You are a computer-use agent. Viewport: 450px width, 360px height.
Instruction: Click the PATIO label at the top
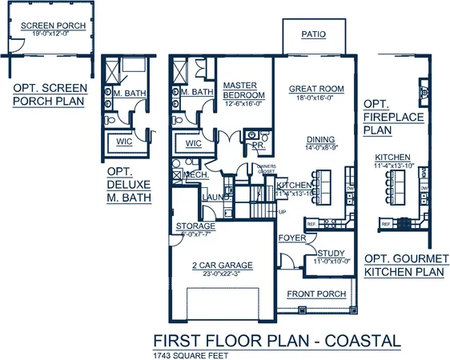click(x=313, y=35)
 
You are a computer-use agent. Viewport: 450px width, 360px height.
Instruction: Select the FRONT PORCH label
click(x=315, y=294)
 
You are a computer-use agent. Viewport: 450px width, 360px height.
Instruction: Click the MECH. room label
click(x=196, y=175)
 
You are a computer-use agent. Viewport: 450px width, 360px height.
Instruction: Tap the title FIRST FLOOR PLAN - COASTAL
click(x=276, y=341)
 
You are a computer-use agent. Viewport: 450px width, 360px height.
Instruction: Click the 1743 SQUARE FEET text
click(x=185, y=354)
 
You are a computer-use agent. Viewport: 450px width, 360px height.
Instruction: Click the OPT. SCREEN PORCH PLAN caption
click(x=49, y=95)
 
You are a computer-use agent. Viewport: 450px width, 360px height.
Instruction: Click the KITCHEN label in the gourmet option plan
click(x=393, y=158)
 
